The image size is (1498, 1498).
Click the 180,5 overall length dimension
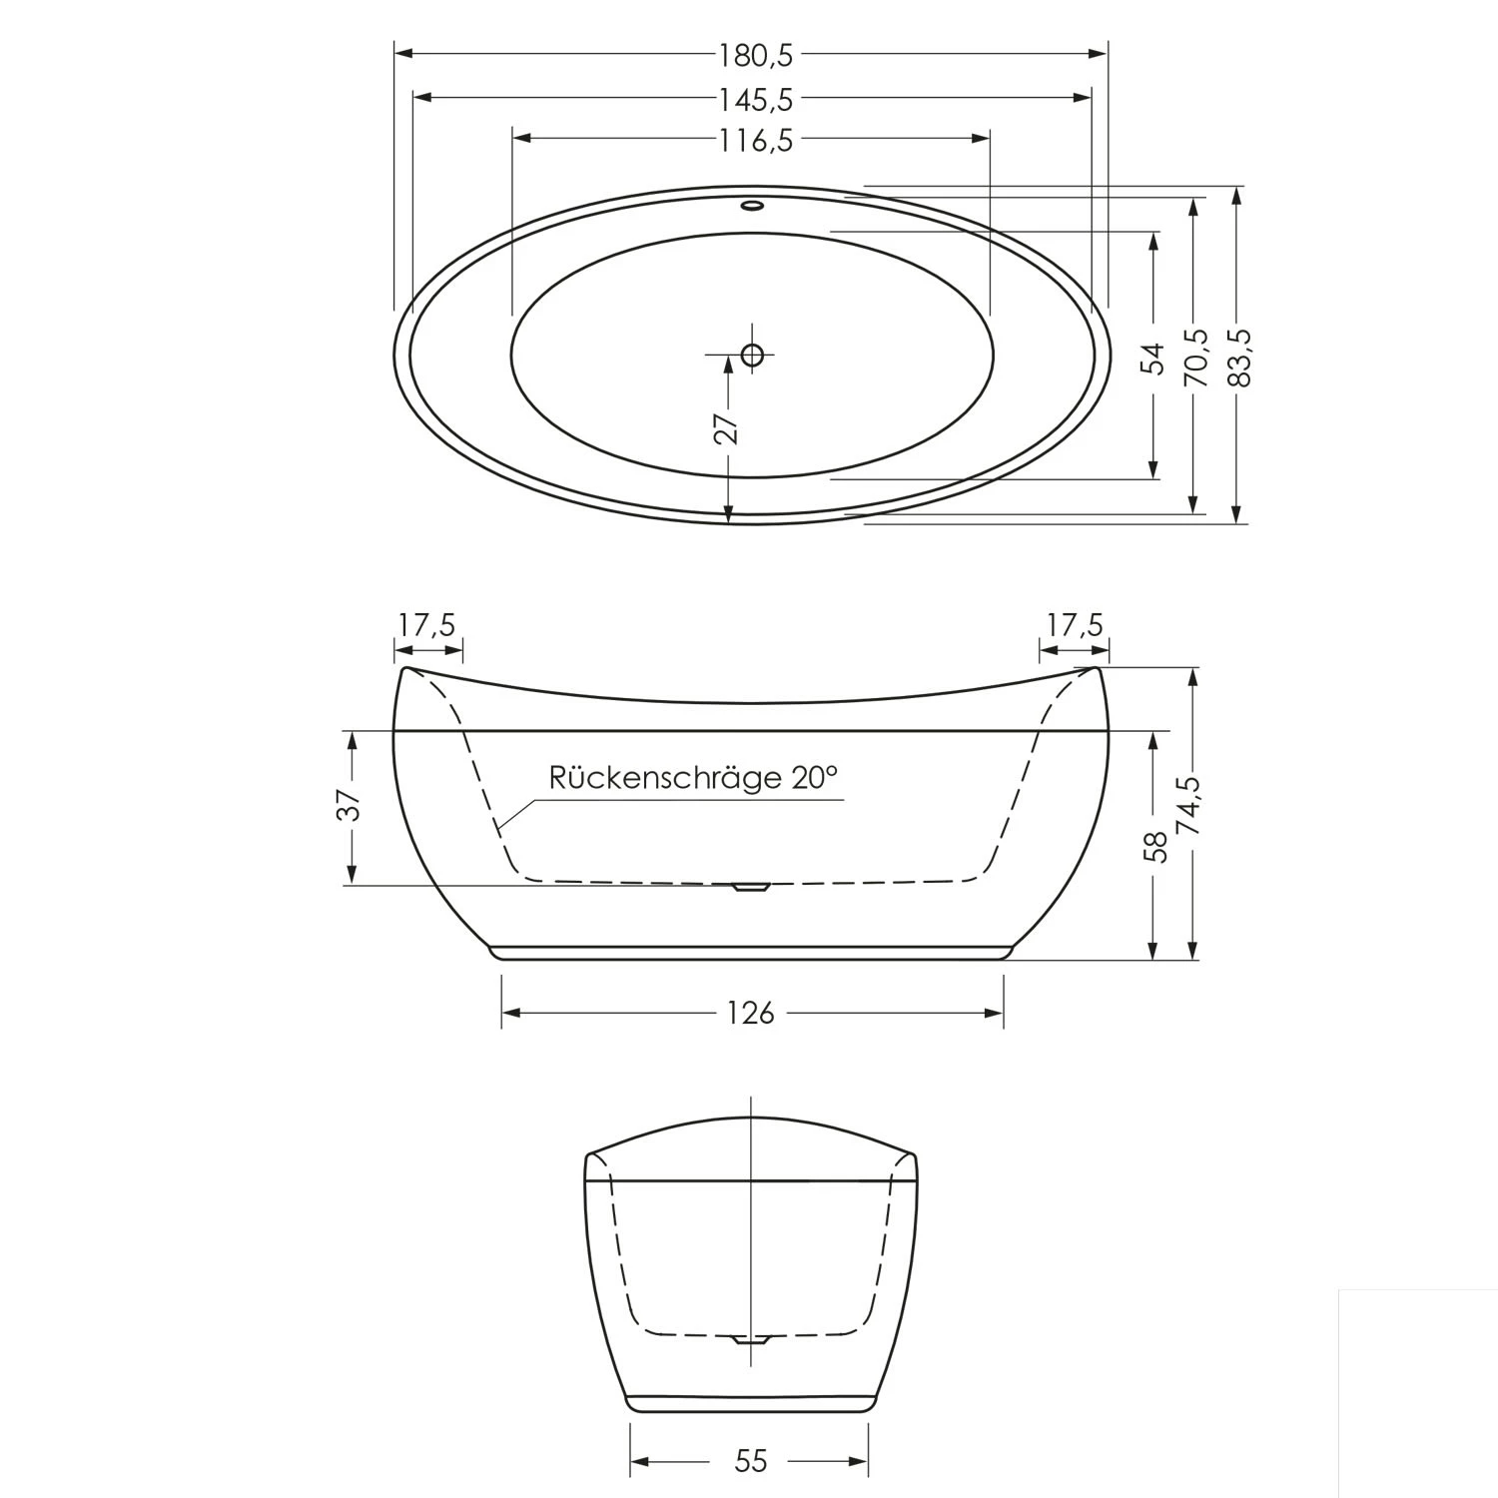tap(755, 56)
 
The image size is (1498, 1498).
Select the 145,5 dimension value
tap(755, 99)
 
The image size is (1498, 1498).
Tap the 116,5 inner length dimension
tap(755, 141)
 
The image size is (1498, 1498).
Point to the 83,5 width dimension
tap(1238, 357)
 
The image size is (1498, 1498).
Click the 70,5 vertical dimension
tap(1195, 357)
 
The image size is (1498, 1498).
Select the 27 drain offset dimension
tap(729, 426)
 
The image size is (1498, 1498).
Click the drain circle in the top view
tap(752, 354)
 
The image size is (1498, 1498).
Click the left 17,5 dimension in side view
tap(426, 626)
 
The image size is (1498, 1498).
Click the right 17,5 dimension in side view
tap(1075, 626)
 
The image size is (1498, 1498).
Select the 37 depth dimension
tap(349, 805)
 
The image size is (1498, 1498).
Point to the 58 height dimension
tap(1155, 846)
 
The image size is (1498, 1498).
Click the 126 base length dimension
tap(751, 1014)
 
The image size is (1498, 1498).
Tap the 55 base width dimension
tap(750, 1462)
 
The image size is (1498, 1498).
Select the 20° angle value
tap(815, 778)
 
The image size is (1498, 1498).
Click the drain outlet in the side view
tap(750, 886)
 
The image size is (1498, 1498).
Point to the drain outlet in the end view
tap(750, 1339)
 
